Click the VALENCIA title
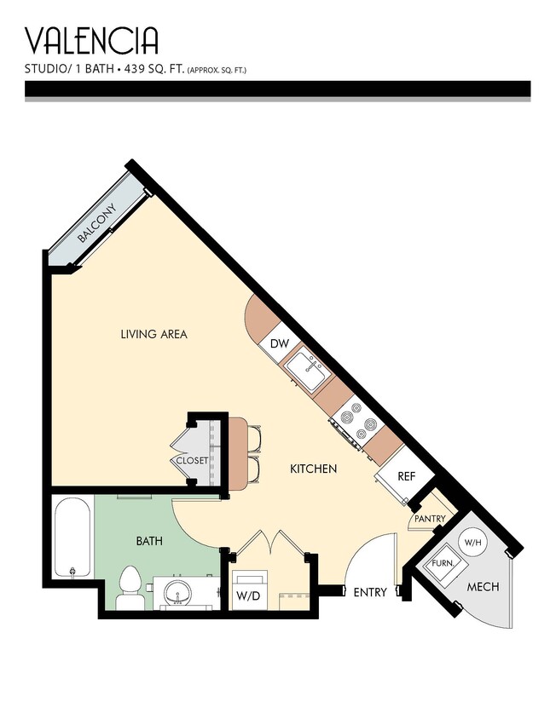[x=91, y=40]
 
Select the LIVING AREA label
[x=153, y=334]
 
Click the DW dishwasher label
[x=279, y=344]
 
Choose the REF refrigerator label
[x=406, y=476]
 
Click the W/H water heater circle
[x=472, y=541]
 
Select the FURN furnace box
[x=442, y=564]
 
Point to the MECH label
[x=483, y=587]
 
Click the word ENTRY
[x=369, y=592]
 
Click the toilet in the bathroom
[x=130, y=587]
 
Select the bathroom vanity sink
[x=180, y=591]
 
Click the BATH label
[x=149, y=540]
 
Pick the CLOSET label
[x=191, y=460]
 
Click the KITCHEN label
[x=313, y=469]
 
